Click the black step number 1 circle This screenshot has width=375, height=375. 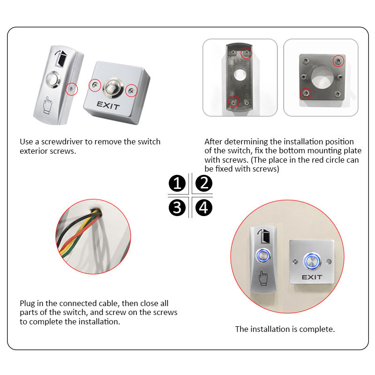pos(177,183)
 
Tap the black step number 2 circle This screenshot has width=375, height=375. pos(204,183)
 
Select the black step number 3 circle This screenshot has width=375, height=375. pos(177,208)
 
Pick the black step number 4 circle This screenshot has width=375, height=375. pos(204,208)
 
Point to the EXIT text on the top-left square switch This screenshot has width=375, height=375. pos(108,105)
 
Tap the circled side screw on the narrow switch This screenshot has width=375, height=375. pos(72,89)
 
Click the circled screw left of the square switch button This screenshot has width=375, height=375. pos(95,85)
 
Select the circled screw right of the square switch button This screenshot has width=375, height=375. pos(131,91)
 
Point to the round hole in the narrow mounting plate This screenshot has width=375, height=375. pos(240,75)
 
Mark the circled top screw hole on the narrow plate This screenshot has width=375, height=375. pos(246,53)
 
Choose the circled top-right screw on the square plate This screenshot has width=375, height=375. pos(338,61)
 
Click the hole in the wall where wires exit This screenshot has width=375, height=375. pos(96,210)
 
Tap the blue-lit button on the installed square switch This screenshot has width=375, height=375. pos(312,261)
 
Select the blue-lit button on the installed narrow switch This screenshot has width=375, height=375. pos(263,255)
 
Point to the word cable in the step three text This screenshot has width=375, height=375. pos(109,303)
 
